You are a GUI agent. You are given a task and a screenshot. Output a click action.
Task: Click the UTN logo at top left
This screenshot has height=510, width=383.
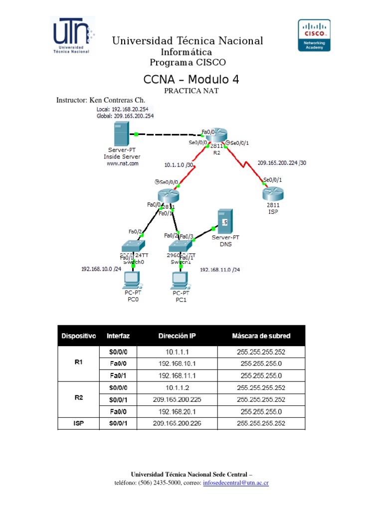(x=71, y=35)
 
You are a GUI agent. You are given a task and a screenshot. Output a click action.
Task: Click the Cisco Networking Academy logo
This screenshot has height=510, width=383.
(x=314, y=35)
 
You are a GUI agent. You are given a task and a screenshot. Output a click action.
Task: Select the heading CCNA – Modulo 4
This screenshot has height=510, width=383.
(x=184, y=79)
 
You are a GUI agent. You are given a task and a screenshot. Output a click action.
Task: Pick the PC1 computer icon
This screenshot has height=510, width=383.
(x=180, y=280)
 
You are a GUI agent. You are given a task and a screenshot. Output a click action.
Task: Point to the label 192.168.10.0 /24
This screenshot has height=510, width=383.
(x=101, y=269)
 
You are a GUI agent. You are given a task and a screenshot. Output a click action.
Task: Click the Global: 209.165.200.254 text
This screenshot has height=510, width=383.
(x=125, y=116)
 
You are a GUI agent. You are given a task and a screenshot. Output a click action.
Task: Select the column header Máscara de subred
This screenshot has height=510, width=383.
(x=261, y=336)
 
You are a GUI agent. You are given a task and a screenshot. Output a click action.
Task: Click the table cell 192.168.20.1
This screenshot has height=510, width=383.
(x=177, y=411)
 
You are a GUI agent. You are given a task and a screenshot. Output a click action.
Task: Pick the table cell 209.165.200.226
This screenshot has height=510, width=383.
(x=177, y=423)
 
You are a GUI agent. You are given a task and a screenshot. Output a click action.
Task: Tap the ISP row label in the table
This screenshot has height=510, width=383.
(x=78, y=423)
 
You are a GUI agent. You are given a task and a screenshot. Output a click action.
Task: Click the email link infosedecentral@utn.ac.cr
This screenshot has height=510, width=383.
(x=236, y=483)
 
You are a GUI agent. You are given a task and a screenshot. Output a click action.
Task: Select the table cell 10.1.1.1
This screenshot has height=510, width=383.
(x=177, y=352)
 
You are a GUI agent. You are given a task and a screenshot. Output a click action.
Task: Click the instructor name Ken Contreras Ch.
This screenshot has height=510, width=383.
(x=109, y=100)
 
